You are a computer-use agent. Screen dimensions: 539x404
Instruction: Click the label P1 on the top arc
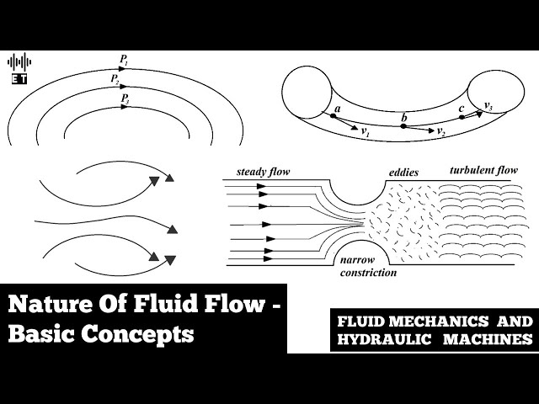tap(124, 61)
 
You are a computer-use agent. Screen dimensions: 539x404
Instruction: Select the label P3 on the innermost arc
tap(124, 99)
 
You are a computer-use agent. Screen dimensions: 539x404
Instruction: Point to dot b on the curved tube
tap(403, 126)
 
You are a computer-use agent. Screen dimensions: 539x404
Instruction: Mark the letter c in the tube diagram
tap(461, 109)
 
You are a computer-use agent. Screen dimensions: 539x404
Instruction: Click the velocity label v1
tap(366, 132)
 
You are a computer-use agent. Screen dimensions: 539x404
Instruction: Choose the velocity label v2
tap(441, 134)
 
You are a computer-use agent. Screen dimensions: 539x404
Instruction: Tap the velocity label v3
tap(488, 106)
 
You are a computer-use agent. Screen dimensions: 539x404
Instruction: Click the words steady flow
tap(264, 172)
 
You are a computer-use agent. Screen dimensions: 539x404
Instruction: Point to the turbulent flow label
tap(483, 170)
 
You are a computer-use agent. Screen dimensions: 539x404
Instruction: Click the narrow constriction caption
tap(367, 267)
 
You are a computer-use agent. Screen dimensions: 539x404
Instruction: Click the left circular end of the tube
tap(308, 91)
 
